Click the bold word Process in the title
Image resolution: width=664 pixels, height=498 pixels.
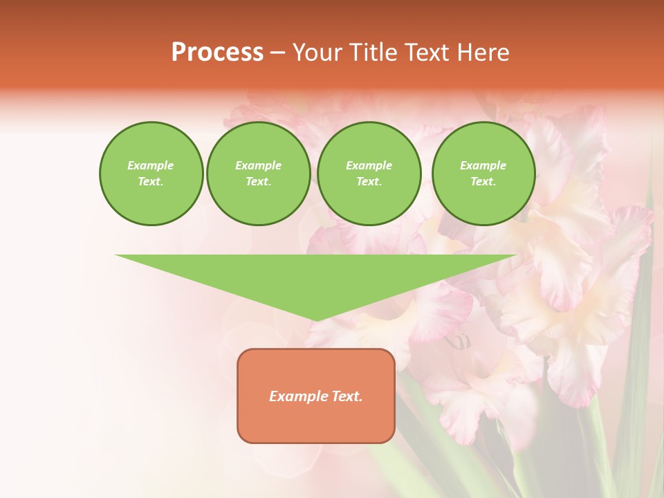(217, 53)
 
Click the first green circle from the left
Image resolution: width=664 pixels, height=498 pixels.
(151, 173)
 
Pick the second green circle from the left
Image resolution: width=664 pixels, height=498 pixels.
(258, 173)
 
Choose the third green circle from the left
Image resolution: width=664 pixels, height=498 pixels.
(369, 173)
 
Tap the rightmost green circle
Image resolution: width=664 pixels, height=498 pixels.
(483, 173)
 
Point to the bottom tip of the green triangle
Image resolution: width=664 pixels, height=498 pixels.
(316, 319)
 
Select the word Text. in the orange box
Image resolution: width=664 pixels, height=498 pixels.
(347, 396)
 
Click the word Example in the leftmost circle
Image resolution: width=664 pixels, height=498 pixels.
(151, 165)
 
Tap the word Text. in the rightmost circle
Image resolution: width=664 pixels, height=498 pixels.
(483, 181)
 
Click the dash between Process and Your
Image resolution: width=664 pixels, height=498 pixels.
(277, 53)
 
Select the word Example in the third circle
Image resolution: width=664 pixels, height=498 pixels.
(369, 165)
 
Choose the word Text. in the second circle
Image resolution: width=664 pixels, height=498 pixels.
(258, 181)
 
